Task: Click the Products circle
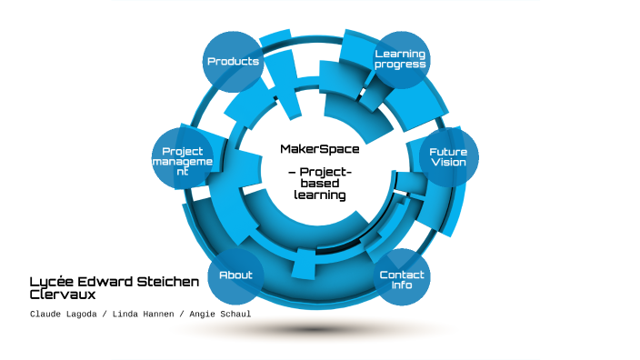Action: (234, 62)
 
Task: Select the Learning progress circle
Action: (400, 60)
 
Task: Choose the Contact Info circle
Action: (402, 278)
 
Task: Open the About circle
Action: (235, 275)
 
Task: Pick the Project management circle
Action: (182, 161)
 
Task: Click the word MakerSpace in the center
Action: (319, 149)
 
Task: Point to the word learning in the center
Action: (319, 195)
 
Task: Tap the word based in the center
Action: (319, 184)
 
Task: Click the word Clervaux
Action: (63, 295)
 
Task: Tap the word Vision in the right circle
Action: (448, 162)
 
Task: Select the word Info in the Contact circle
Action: (402, 285)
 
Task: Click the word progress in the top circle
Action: (400, 65)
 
